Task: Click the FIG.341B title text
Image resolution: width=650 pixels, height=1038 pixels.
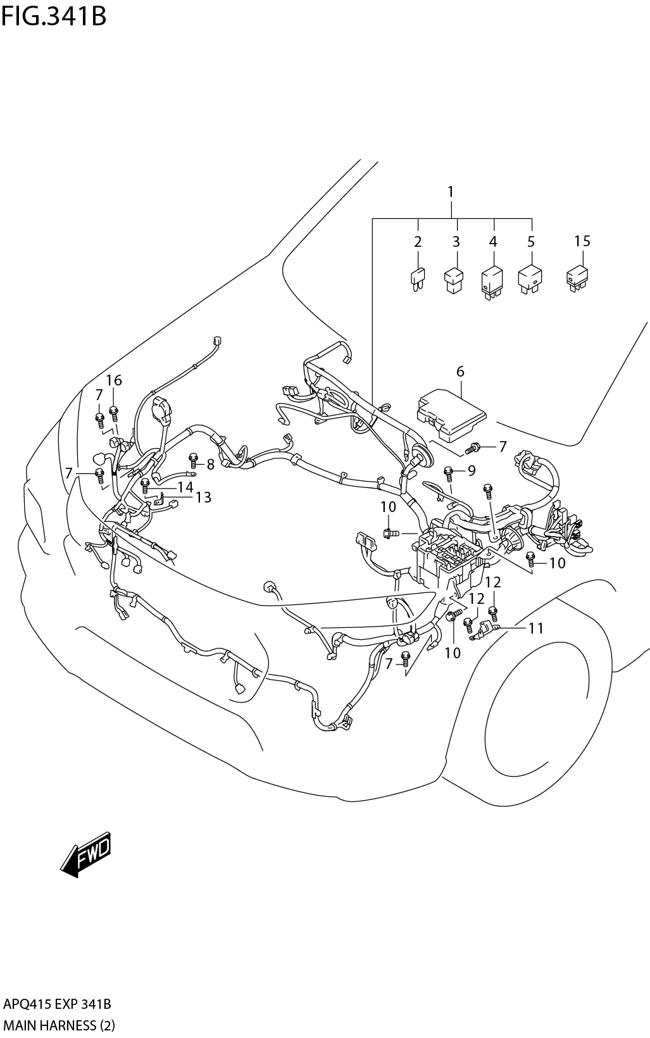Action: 54,16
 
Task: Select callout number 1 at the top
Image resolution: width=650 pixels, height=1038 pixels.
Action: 451,192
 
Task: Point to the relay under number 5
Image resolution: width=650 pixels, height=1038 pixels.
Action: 530,280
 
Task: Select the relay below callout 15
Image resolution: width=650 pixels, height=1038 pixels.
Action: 578,278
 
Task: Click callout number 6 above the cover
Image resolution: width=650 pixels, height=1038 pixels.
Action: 460,372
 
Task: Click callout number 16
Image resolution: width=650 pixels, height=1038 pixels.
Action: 114,380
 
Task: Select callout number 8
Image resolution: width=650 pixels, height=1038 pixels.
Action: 211,464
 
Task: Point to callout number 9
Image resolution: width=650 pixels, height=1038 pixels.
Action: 472,470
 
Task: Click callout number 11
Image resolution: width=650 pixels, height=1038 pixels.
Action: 536,628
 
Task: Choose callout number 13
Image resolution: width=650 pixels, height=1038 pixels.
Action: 203,497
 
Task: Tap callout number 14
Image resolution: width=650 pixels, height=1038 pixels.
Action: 185,487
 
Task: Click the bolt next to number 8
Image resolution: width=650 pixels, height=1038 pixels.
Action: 194,460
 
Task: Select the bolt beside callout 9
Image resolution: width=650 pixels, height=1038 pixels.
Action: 449,473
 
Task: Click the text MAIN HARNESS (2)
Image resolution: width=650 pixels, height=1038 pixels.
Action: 59,1025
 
